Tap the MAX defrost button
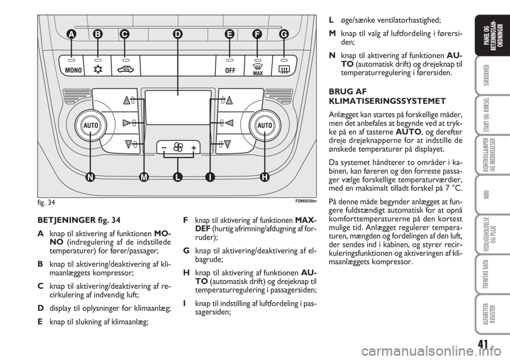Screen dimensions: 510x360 point(258,65)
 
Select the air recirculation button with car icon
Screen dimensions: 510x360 point(125,65)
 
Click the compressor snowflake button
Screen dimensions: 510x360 point(97,65)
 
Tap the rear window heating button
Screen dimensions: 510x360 point(284,65)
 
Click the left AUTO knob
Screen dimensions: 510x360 point(91,125)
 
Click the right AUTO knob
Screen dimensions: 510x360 point(265,125)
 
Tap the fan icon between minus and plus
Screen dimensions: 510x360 point(178,148)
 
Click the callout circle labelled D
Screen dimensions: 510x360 point(177,34)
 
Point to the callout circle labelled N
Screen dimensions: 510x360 point(90,177)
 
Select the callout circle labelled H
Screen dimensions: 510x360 point(265,177)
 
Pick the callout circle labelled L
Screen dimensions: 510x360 point(177,177)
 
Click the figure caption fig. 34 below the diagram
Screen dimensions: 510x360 point(46,203)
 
